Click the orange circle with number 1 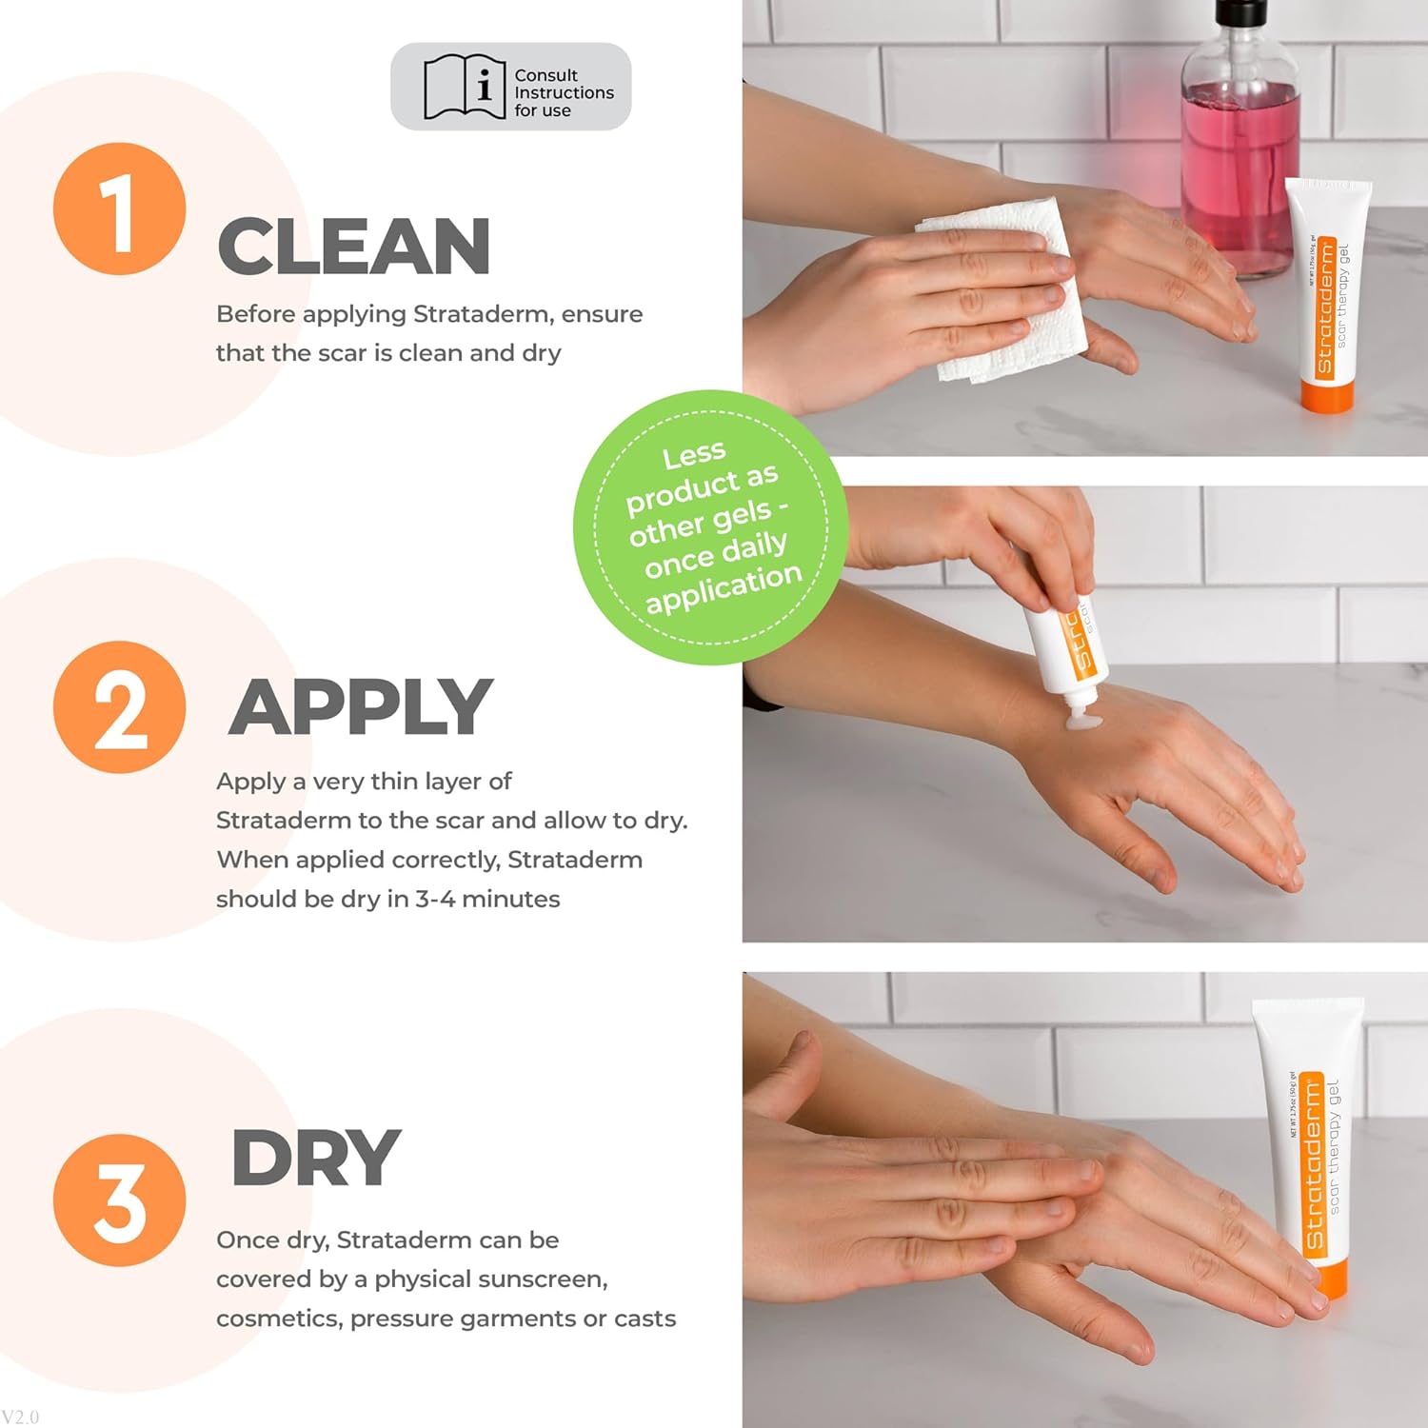[119, 209]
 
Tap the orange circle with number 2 [119, 706]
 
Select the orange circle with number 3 [119, 1200]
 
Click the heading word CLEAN [353, 247]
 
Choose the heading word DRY [315, 1158]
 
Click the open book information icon [464, 88]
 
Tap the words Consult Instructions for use [564, 92]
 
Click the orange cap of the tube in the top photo [1327, 395]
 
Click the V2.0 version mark [20, 1417]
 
